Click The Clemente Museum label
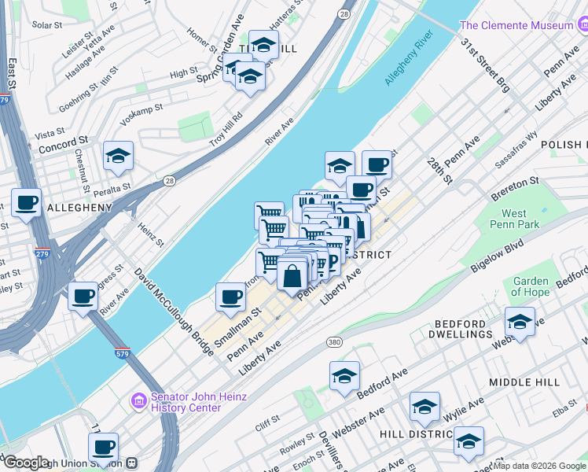click(527, 25)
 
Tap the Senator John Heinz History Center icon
click(139, 401)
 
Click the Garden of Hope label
click(531, 287)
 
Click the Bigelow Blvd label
click(496, 257)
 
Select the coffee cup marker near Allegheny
click(26, 203)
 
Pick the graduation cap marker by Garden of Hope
click(520, 321)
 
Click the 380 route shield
click(334, 342)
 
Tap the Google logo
click(26, 463)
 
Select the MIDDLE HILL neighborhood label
click(524, 382)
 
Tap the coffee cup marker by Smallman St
click(230, 297)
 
